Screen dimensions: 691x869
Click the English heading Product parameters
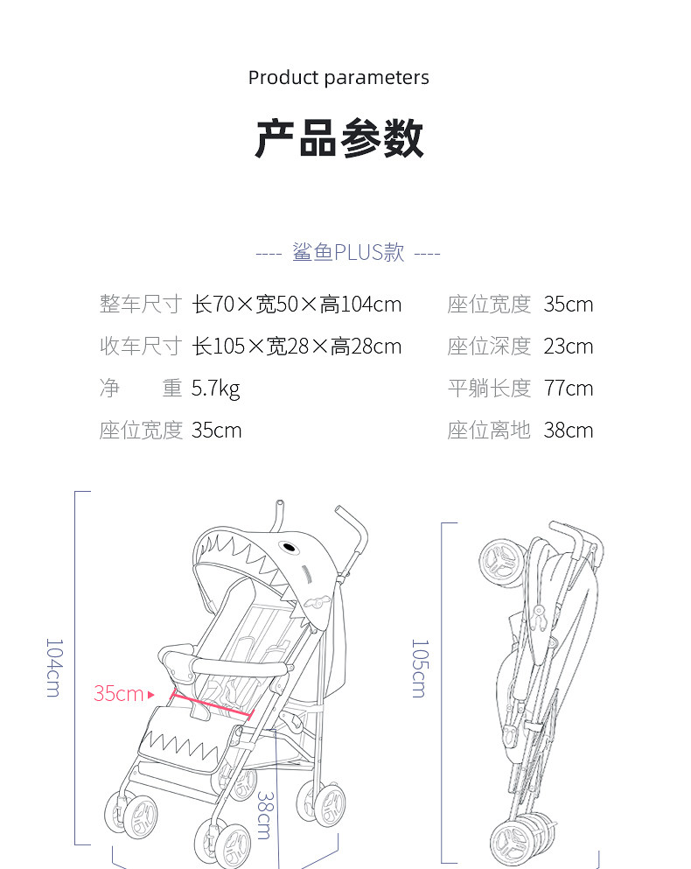tap(339, 78)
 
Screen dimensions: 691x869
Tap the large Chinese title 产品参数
tap(339, 138)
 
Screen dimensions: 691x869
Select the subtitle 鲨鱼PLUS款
tap(348, 253)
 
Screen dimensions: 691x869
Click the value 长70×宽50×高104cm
tap(297, 305)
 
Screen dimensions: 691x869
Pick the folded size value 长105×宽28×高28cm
tap(297, 347)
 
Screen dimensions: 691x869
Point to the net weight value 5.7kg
tap(215, 389)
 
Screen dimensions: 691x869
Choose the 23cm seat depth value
tap(568, 347)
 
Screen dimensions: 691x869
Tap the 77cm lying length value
tap(568, 389)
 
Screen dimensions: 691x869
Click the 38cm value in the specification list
tap(568, 431)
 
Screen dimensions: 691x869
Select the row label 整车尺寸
tap(140, 305)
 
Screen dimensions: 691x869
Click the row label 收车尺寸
tap(140, 347)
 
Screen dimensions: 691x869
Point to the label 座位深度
tap(489, 347)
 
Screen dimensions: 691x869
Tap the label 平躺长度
tap(489, 389)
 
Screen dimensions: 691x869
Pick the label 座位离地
tap(489, 431)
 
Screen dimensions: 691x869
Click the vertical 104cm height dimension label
tap(53, 667)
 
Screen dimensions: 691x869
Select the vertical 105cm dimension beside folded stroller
tap(420, 668)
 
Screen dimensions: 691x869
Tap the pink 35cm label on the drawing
tap(118, 694)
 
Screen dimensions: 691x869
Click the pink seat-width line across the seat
tap(211, 704)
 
